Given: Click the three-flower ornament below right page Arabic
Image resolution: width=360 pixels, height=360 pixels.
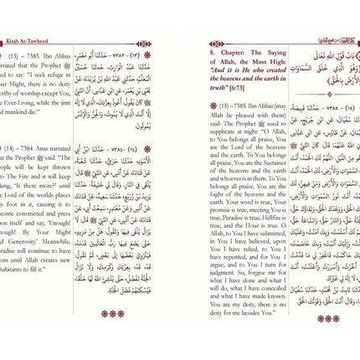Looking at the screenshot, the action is coord(328,318).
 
